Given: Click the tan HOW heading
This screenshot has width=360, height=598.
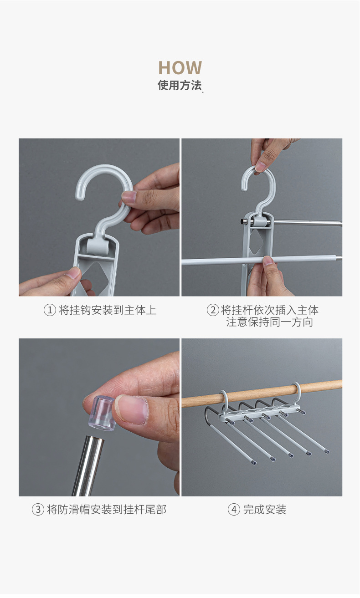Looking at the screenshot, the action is [180, 68].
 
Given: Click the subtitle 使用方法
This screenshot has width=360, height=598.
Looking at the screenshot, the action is [180, 85].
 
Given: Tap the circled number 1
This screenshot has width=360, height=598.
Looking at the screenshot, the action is [50, 310].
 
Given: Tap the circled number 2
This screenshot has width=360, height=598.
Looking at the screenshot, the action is [213, 310].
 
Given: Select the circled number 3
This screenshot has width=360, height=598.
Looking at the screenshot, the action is [38, 509].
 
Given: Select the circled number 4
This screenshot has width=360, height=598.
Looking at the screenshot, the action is [234, 509].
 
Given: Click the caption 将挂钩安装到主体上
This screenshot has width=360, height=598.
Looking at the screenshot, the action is [108, 310].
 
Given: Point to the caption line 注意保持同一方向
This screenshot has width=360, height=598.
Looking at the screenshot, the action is [269, 322].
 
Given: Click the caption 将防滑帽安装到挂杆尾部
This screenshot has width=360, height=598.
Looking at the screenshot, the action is [107, 509].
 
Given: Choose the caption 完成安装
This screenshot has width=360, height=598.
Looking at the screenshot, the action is [264, 509].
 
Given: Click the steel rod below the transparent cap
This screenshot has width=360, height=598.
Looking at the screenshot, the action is [88, 465].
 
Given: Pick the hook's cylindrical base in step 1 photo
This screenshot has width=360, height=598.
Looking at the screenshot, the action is [97, 246].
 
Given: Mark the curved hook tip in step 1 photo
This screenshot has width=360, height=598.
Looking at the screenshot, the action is [79, 195].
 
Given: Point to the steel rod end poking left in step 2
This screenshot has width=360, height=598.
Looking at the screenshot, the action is [243, 221].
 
